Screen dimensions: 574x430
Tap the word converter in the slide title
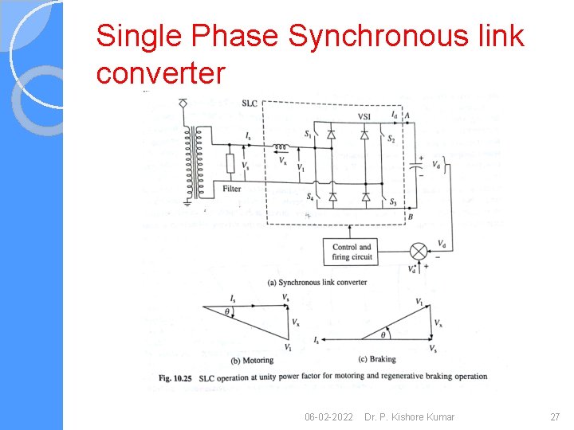coord(160,73)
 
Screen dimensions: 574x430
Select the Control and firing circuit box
coord(352,252)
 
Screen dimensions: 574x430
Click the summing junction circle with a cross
coord(419,252)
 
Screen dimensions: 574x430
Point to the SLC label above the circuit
coord(249,103)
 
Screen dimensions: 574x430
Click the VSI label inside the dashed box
coord(364,116)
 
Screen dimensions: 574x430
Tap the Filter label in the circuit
coord(231,189)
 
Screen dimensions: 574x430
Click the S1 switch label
coord(308,135)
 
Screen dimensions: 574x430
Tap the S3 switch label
coord(391,202)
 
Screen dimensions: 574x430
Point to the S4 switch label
coord(309,196)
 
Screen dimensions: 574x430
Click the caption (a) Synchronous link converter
coord(317,282)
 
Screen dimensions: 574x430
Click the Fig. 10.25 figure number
coord(176,377)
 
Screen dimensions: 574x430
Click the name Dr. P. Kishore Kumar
coord(409,417)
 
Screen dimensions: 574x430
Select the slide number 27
coord(556,417)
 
